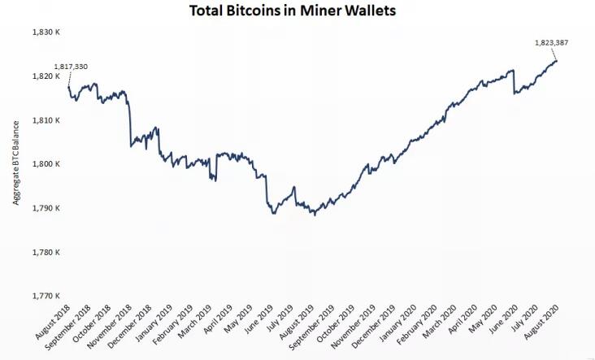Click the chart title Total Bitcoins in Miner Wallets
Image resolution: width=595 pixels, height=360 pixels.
pos(297,11)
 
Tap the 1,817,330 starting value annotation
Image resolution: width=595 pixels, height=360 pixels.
pos(71,67)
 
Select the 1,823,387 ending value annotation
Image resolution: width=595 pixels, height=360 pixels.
pos(550,42)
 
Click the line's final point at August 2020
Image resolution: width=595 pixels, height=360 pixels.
pos(556,61)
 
